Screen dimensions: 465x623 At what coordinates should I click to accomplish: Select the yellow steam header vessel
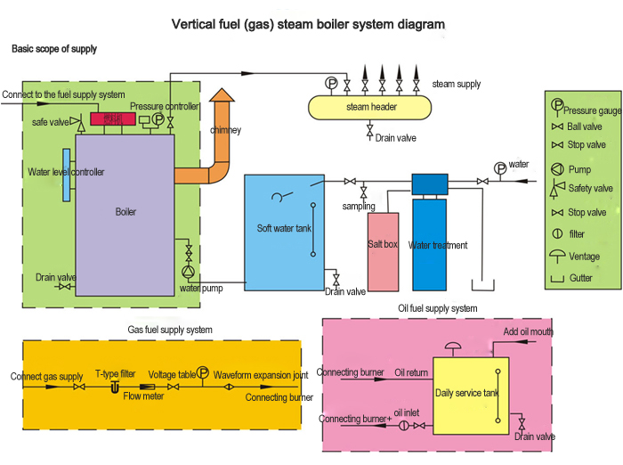[x=370, y=108]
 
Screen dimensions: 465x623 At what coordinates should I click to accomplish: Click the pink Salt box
[x=383, y=251]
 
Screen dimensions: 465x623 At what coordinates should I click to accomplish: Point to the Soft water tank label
[x=284, y=228]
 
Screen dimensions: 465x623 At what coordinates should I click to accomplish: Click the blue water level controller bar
[x=67, y=173]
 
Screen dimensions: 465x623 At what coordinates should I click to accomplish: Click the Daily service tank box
[x=470, y=392]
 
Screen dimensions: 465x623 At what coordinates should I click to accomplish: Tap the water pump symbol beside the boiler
[x=188, y=271]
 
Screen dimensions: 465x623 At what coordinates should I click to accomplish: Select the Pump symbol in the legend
[x=557, y=169]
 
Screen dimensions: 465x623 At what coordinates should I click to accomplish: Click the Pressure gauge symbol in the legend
[x=557, y=104]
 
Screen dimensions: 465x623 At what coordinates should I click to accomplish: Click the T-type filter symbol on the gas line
[x=114, y=387]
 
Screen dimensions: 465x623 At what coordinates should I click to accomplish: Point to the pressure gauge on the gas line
[x=203, y=374]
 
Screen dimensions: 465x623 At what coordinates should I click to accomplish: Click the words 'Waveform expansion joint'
[x=260, y=375]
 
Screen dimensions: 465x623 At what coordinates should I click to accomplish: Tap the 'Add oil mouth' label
[x=528, y=331]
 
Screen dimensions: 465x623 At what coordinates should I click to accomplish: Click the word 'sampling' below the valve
[x=358, y=206]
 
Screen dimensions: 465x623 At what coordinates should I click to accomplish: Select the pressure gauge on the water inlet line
[x=499, y=167]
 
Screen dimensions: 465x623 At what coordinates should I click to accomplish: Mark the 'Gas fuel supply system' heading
[x=170, y=330]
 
